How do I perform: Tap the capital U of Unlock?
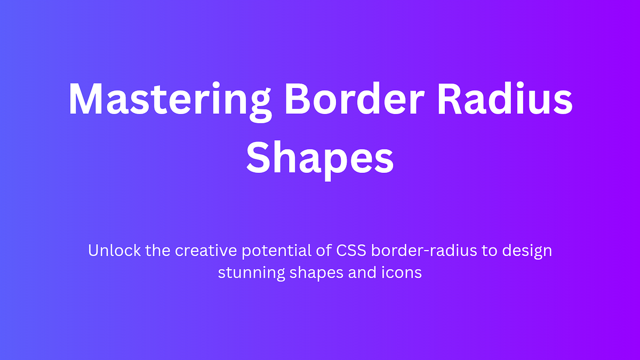pos(94,251)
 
